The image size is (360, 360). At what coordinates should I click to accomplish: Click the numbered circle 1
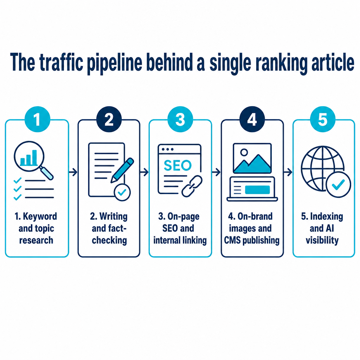tap(37, 119)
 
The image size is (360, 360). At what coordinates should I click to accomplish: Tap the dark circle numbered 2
tap(109, 119)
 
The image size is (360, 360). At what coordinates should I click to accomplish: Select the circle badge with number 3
tap(180, 119)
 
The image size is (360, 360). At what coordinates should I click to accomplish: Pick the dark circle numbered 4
tap(252, 119)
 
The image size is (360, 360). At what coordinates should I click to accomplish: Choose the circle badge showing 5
tap(323, 119)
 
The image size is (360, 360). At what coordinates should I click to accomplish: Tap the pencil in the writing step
tap(122, 170)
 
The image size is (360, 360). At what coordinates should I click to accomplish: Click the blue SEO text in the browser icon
tap(178, 165)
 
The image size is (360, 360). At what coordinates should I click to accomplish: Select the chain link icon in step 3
tap(192, 186)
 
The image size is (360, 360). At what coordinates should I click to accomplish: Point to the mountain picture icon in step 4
tap(252, 159)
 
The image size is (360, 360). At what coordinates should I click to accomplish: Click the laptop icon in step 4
tap(252, 189)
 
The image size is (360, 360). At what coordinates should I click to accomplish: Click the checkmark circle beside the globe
tap(338, 184)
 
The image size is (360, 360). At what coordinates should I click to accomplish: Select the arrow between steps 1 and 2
tap(73, 172)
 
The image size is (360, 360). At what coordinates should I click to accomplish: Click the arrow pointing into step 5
tap(288, 172)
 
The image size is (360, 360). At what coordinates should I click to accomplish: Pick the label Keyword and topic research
tap(36, 229)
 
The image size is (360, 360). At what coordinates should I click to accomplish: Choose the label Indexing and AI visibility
tap(322, 229)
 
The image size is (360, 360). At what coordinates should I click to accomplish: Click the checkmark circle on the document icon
tap(122, 192)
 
